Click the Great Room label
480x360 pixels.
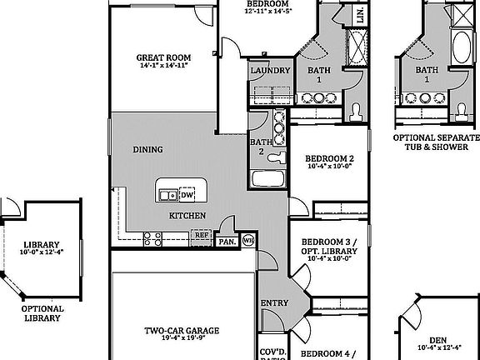163,57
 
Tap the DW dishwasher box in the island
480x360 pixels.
187,195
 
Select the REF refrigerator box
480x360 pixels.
201,236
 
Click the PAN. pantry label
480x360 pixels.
227,242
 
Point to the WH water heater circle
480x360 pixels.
247,242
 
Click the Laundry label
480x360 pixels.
270,71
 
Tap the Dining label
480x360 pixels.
147,150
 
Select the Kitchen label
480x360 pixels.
187,216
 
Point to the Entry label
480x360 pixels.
274,302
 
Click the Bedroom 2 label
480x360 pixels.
329,158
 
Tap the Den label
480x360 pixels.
437,339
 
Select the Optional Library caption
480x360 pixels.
42,312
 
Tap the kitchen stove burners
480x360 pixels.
152,239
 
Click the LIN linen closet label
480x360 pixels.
360,16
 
